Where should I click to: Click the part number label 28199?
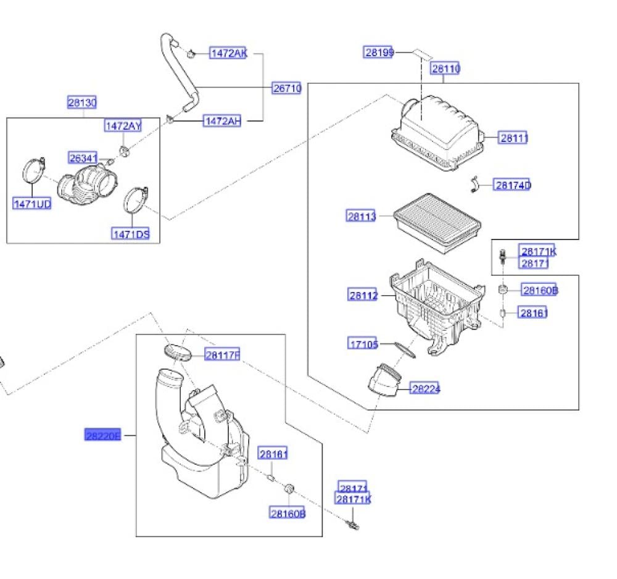[x=378, y=52]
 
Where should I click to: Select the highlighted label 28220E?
[x=102, y=435]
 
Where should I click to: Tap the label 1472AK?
[x=228, y=53]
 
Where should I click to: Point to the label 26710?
[x=287, y=88]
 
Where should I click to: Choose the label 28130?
[x=81, y=102]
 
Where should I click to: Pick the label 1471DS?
[x=130, y=233]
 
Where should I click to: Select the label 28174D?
[x=511, y=185]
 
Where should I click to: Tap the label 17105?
[x=363, y=344]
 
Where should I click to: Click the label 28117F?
[x=222, y=354]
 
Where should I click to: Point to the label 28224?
[x=425, y=388]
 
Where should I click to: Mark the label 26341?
[x=83, y=159]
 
